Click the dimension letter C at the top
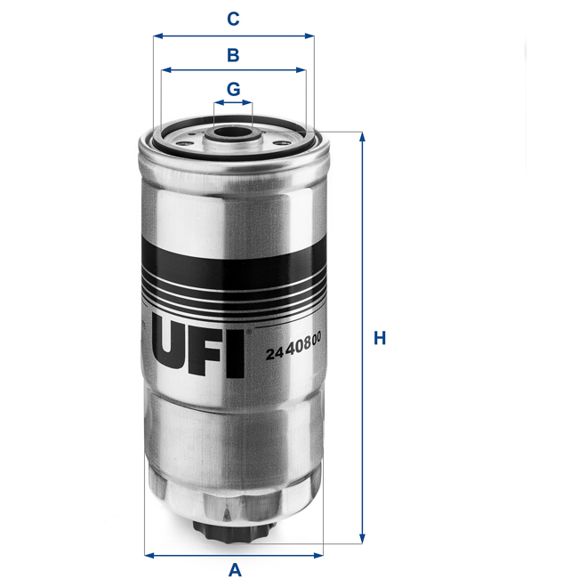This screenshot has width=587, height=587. [x=233, y=18]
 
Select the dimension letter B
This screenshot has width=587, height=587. [x=233, y=54]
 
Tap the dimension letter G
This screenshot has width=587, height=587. [x=233, y=89]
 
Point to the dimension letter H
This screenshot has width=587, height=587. [x=380, y=338]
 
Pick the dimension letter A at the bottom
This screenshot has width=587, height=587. [x=234, y=570]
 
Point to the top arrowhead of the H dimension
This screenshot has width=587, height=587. [x=362, y=136]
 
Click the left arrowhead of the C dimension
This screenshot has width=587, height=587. [x=157, y=36]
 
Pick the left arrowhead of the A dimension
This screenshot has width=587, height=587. [x=148, y=555]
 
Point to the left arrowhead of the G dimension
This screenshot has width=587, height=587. [x=217, y=103]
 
